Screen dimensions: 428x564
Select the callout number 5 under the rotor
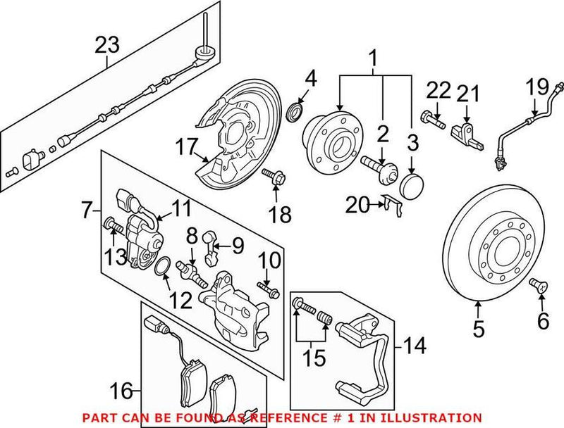tap(478, 327)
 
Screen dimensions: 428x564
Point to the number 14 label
tap(415, 346)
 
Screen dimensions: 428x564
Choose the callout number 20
tap(357, 204)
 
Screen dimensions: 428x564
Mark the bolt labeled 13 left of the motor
tap(111, 225)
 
